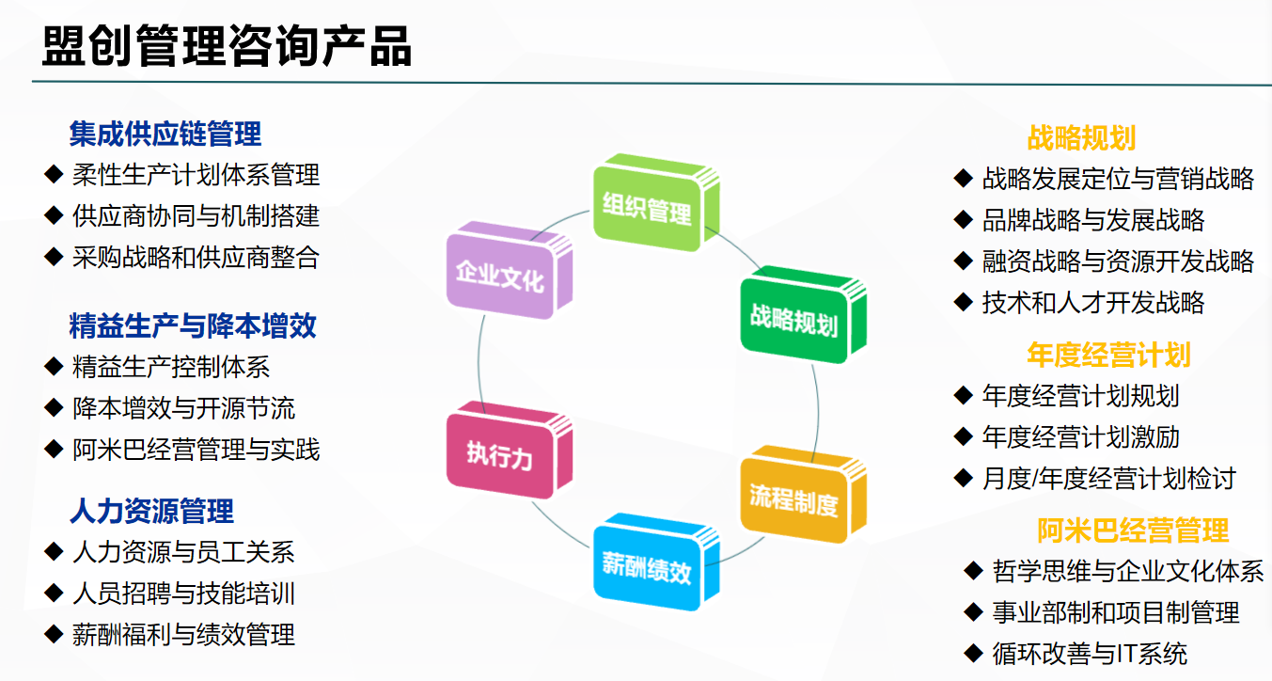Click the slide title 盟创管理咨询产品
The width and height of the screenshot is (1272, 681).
pos(227,46)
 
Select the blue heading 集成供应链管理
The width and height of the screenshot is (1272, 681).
pos(165,135)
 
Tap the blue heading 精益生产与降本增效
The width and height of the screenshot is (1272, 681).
pos(193,326)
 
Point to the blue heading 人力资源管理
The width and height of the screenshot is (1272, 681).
pos(151,511)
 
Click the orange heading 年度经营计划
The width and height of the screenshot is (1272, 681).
pos(1108,355)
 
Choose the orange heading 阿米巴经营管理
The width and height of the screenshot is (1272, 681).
pos(1133,531)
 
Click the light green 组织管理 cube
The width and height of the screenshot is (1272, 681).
pos(656,203)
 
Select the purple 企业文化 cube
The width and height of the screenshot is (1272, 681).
pos(510,270)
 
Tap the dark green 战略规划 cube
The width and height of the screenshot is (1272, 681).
pos(804,315)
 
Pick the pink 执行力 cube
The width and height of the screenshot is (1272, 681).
pos(510,451)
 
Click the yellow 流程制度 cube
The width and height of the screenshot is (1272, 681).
pos(804,495)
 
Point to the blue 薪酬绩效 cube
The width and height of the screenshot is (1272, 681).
pos(656,562)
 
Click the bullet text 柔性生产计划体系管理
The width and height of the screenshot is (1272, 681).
pos(196,175)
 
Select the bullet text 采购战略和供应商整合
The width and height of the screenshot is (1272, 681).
pos(196,258)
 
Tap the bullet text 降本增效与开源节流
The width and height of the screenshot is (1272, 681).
pos(183,408)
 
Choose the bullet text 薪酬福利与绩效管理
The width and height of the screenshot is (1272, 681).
pos(183,635)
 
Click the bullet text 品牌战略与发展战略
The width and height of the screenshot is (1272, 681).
pos(1093,220)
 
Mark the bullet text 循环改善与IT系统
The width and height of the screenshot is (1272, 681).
pos(1090,654)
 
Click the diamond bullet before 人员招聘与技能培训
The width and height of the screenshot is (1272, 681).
pos(54,593)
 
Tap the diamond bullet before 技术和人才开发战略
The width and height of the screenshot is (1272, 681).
pos(964,302)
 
